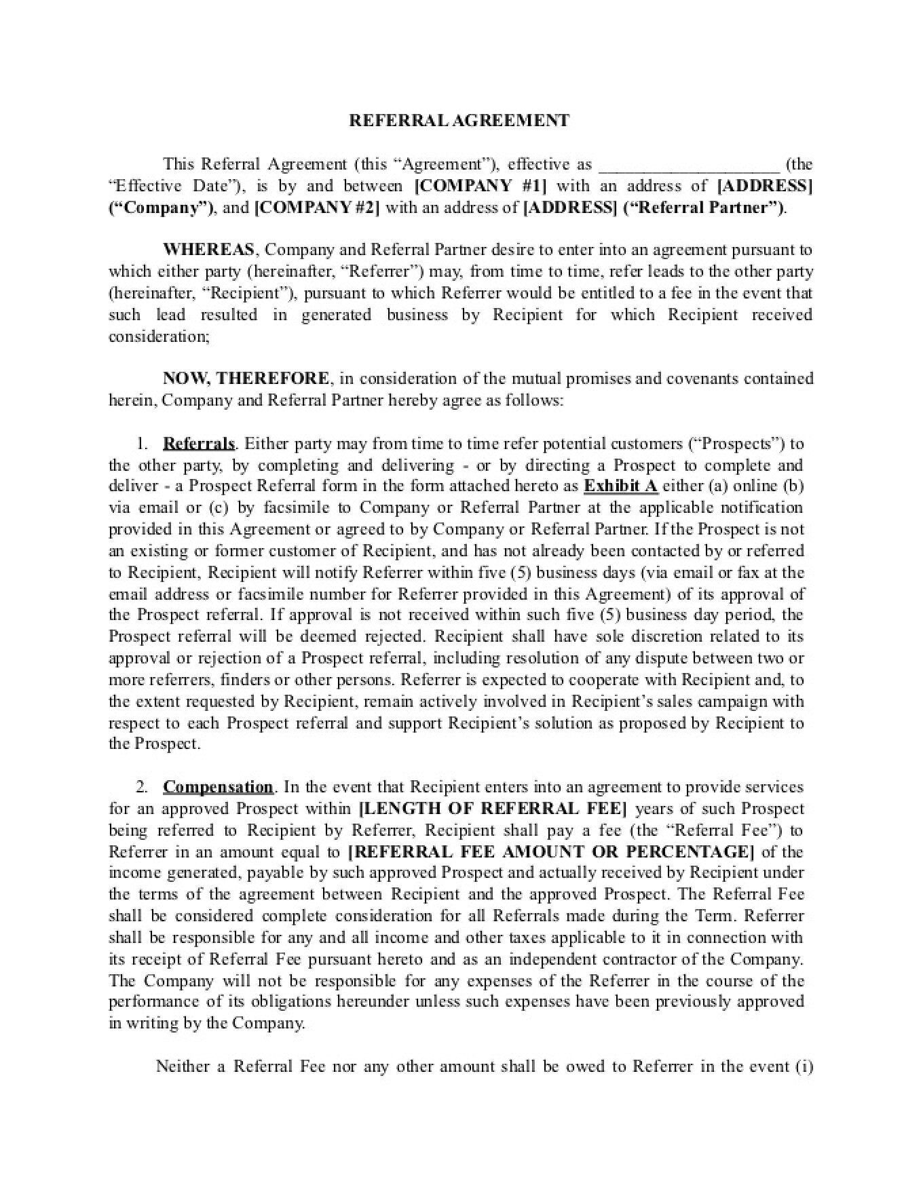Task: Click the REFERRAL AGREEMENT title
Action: point(459,121)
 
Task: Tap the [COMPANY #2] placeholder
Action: point(317,208)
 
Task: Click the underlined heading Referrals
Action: point(198,444)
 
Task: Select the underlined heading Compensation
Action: point(218,787)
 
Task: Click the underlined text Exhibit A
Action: point(620,486)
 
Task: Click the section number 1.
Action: point(141,444)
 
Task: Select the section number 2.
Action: point(141,787)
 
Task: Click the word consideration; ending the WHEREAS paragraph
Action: point(159,336)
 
